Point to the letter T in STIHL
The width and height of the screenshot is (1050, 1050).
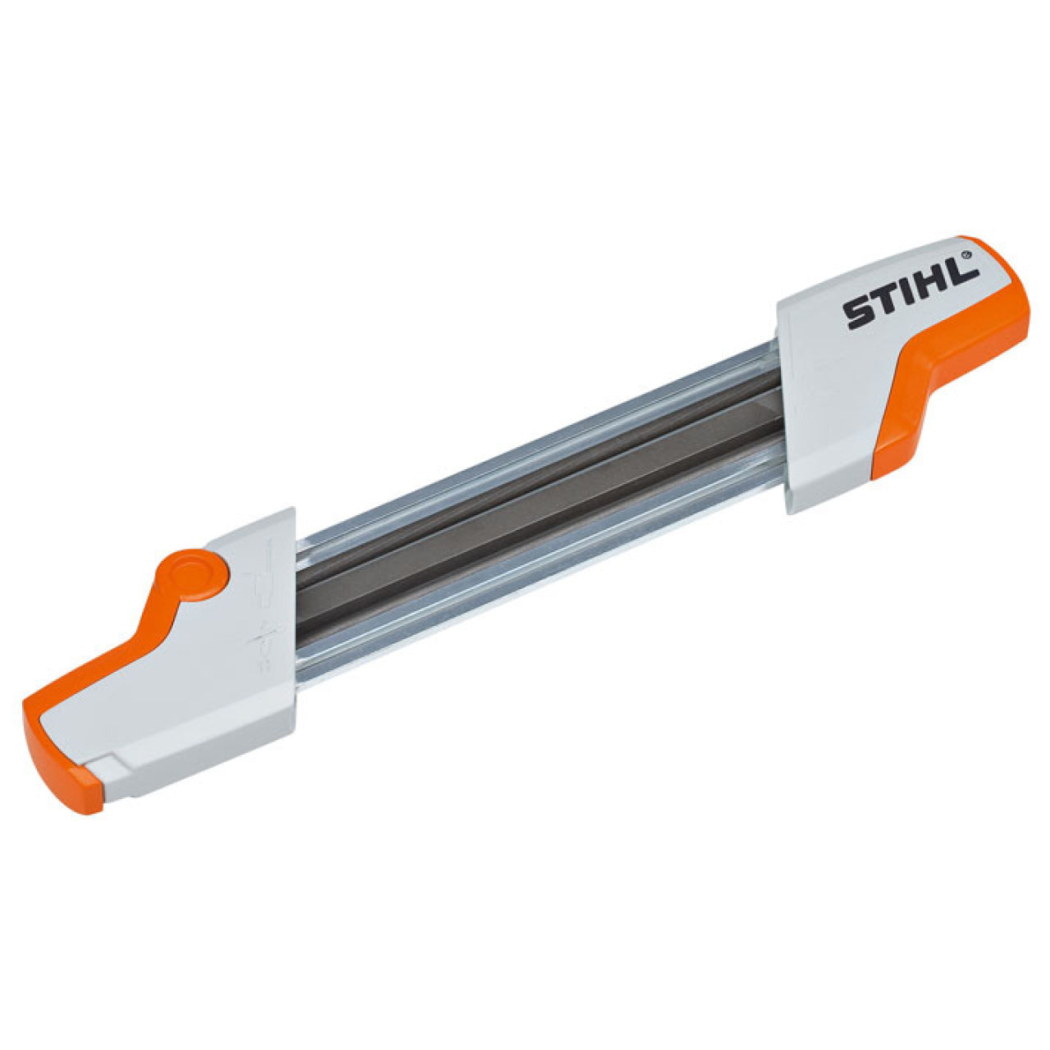pyautogui.click(x=888, y=302)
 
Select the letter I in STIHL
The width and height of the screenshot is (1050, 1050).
pyautogui.click(x=911, y=294)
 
